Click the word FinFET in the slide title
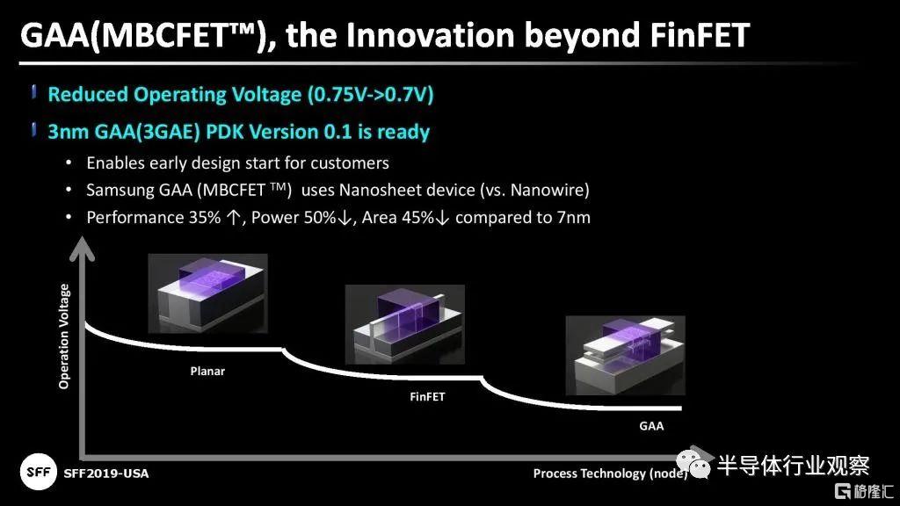point(700,35)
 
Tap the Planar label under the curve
point(207,372)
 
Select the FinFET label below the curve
point(427,396)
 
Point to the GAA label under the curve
point(651,426)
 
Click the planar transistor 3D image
point(207,293)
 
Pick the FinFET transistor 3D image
point(404,324)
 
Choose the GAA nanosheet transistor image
point(625,356)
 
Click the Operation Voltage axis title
point(63,336)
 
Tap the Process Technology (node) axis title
point(610,473)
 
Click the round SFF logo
point(39,472)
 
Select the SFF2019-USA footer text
point(106,473)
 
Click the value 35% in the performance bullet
point(205,218)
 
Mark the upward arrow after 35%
point(233,218)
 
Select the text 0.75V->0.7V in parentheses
point(370,94)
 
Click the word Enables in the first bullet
point(115,163)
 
